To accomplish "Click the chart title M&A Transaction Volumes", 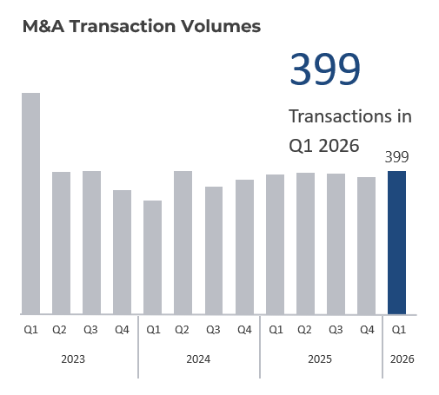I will (141, 27).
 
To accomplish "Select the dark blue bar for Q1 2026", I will (396, 242).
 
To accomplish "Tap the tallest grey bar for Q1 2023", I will (30, 203).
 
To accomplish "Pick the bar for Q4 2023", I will (122, 252).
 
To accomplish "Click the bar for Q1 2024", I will (153, 257).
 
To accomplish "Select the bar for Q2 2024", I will (183, 242).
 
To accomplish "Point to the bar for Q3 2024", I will (214, 250).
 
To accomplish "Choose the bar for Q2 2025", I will (305, 243).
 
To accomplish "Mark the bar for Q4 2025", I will (366, 246).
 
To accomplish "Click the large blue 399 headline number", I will (324, 69).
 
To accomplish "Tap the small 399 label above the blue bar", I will (396, 157).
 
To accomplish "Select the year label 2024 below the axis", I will (198, 359).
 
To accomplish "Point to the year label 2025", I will (320, 359).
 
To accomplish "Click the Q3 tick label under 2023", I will (90, 330).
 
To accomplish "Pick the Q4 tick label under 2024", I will (244, 330).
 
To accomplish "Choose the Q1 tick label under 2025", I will (275, 330).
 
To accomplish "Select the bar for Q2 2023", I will (61, 243).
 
